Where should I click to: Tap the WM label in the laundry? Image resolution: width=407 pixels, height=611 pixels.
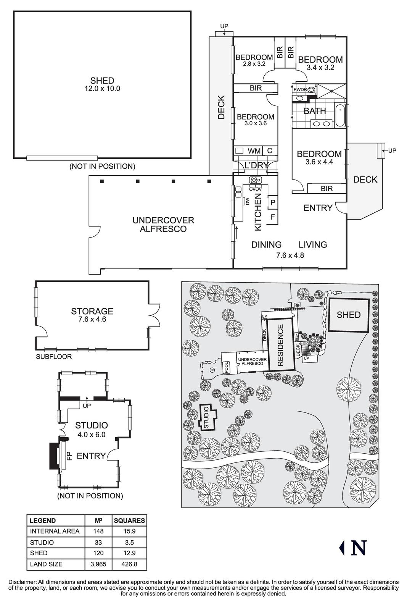(x=254, y=151)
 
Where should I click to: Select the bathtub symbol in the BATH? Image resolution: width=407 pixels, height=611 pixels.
(x=340, y=115)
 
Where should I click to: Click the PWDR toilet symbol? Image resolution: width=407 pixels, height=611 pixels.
(x=312, y=90)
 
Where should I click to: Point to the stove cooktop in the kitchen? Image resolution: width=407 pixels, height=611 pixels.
(x=255, y=179)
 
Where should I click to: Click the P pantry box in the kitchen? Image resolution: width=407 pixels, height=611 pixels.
(x=273, y=202)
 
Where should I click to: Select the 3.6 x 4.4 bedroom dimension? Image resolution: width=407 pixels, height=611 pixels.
(x=319, y=162)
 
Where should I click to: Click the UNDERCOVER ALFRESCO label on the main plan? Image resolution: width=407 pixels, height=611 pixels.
(x=163, y=225)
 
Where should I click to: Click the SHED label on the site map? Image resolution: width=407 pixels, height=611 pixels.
(x=349, y=315)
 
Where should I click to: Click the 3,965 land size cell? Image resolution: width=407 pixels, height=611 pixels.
(x=98, y=564)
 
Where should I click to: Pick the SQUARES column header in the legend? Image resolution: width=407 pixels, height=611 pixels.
(x=129, y=520)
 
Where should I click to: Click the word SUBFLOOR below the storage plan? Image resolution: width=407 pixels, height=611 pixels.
(x=54, y=357)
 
